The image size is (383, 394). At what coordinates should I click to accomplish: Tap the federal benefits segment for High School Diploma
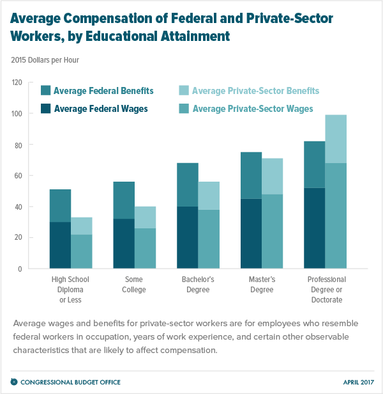click(x=60, y=205)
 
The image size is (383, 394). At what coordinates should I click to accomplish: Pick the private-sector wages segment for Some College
click(x=146, y=248)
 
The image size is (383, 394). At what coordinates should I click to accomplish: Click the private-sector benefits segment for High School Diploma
click(x=82, y=226)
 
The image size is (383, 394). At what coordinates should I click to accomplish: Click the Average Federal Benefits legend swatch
click(x=46, y=91)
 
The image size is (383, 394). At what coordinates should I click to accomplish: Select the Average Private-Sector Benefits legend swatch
click(x=184, y=91)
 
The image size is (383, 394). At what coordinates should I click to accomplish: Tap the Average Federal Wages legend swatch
click(x=46, y=109)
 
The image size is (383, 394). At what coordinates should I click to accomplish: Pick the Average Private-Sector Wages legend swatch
click(x=184, y=109)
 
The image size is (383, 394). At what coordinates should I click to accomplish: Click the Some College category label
click(x=134, y=285)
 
